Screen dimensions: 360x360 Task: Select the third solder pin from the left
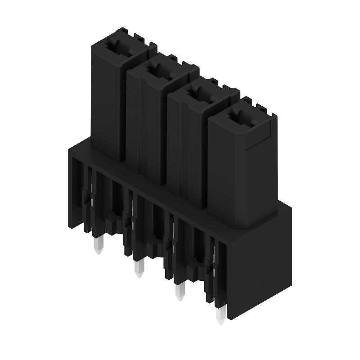pyautogui.click(x=180, y=293)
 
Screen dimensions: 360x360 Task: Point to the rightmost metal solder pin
pyautogui.click(x=220, y=316)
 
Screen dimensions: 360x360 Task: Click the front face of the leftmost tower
pyautogui.click(x=106, y=103)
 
